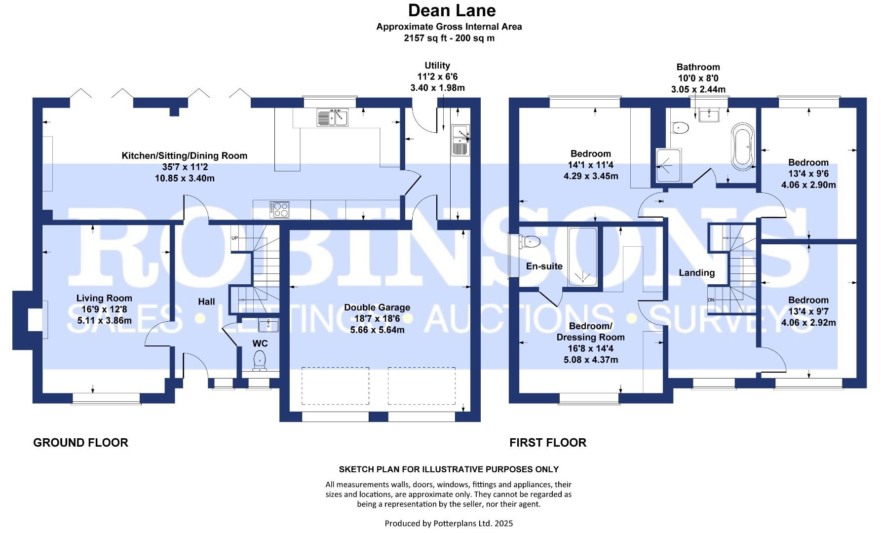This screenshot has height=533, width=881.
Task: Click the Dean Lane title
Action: click(x=451, y=10)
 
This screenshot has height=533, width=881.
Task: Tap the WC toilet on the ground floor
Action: click(x=259, y=360)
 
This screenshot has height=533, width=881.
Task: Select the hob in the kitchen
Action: click(x=279, y=210)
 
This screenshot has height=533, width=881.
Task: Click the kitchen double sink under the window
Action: click(x=333, y=117)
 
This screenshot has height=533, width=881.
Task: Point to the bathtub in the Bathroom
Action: click(x=742, y=147)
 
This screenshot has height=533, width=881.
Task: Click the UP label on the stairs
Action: click(x=234, y=238)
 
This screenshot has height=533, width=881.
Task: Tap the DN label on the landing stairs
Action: click(x=711, y=300)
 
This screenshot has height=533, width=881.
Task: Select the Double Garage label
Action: click(x=377, y=307)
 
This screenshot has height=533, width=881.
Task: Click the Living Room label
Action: click(x=104, y=298)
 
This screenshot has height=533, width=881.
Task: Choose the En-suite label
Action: click(x=544, y=266)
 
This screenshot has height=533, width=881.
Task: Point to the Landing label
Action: click(x=696, y=272)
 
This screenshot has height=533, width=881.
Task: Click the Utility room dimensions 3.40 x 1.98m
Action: click(x=437, y=88)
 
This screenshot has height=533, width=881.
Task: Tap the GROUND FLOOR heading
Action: click(x=80, y=443)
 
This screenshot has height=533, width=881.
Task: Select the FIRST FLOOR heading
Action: click(x=548, y=443)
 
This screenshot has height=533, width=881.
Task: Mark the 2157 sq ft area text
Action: click(x=449, y=38)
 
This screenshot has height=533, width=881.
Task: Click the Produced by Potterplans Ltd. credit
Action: click(x=449, y=523)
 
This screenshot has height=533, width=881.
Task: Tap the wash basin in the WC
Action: click(x=268, y=325)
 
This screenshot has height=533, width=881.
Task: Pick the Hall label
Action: click(x=206, y=302)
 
